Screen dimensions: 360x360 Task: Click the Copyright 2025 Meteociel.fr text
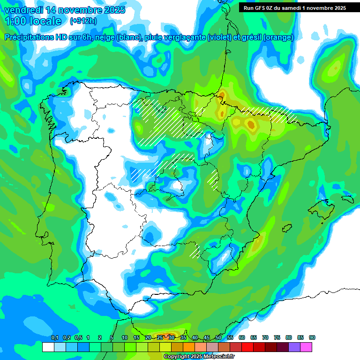coord(199,357)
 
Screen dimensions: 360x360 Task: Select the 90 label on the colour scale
coord(312,337)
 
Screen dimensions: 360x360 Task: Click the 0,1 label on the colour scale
coord(55,337)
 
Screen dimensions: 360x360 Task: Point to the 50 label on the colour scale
coord(218,337)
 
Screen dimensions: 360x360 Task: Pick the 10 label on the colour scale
coord(125,337)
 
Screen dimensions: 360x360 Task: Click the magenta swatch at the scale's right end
coord(307,347)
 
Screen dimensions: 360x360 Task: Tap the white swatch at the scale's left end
coord(48,347)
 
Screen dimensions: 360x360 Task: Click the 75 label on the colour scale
coord(277,337)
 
